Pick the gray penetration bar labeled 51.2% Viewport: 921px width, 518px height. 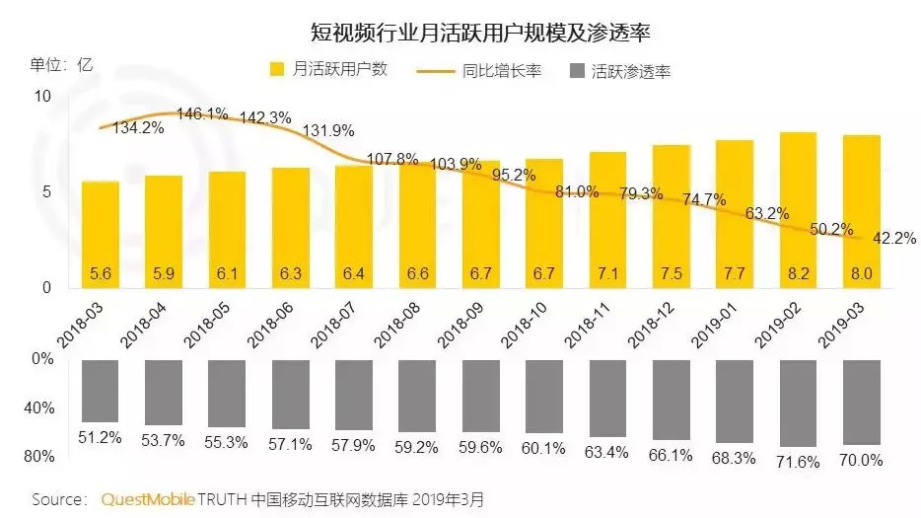click(x=101, y=392)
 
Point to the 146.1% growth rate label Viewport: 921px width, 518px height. click(x=201, y=114)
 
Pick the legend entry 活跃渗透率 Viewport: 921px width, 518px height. click(x=630, y=71)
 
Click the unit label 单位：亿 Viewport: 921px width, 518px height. click(x=61, y=64)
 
